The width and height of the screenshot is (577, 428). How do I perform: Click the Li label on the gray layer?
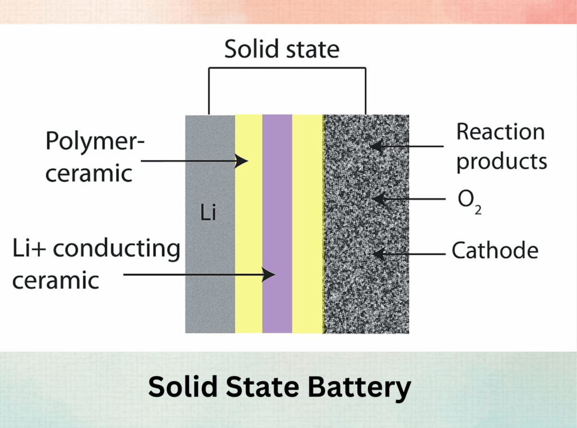208,214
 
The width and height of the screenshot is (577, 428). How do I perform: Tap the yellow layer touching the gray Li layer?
248,226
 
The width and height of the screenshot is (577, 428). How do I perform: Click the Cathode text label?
495,250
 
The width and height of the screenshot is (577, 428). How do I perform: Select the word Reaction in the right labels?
500,132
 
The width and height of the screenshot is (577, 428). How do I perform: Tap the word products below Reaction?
501,161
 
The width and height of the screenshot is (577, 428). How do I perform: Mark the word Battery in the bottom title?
359,388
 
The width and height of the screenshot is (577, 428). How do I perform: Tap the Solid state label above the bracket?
282,50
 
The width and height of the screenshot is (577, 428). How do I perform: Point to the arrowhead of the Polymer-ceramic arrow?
242,161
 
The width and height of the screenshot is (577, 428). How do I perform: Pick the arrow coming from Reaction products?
406,147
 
